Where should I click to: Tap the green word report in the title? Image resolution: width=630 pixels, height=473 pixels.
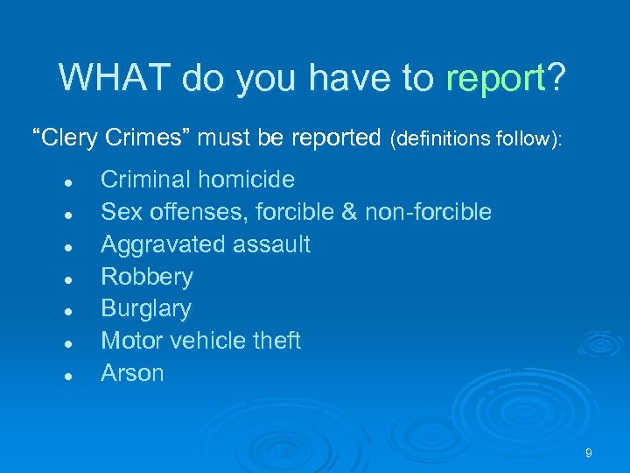pyautogui.click(x=494, y=80)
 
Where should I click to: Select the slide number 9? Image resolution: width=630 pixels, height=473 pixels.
pyautogui.click(x=589, y=453)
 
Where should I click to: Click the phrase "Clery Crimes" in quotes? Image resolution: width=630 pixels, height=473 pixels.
pyautogui.click(x=111, y=138)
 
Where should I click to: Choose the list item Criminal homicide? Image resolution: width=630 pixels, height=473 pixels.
pyautogui.click(x=198, y=180)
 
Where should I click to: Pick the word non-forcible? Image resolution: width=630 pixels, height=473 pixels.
pyautogui.click(x=429, y=212)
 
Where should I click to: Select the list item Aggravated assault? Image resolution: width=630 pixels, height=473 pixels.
pyautogui.click(x=206, y=244)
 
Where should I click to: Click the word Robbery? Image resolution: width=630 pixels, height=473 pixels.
pyautogui.click(x=147, y=277)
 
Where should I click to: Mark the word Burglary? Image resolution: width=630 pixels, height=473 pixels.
pyautogui.click(x=146, y=309)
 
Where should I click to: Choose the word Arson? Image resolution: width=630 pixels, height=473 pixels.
pyautogui.click(x=132, y=373)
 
